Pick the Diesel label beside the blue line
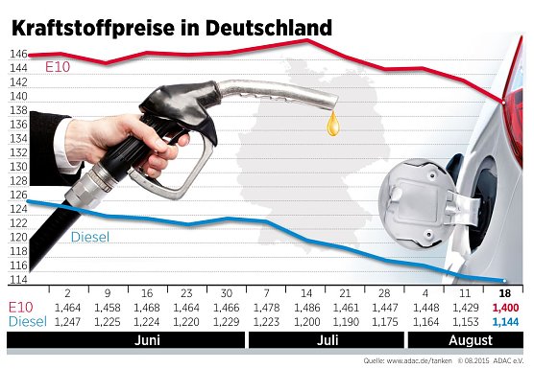pos(92,237)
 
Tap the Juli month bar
pos(328,339)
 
